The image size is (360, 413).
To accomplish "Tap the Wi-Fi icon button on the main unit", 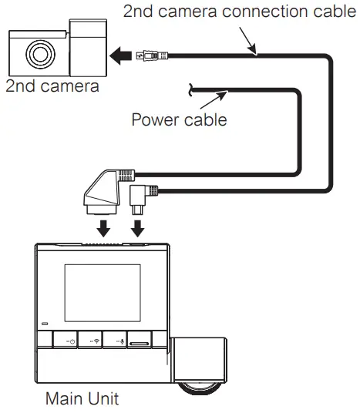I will click(x=96, y=340).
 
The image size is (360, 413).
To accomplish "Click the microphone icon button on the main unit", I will click(x=116, y=340).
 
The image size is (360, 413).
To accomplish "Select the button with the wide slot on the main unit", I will click(x=139, y=340).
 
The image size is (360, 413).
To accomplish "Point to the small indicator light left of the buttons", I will click(x=45, y=324).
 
